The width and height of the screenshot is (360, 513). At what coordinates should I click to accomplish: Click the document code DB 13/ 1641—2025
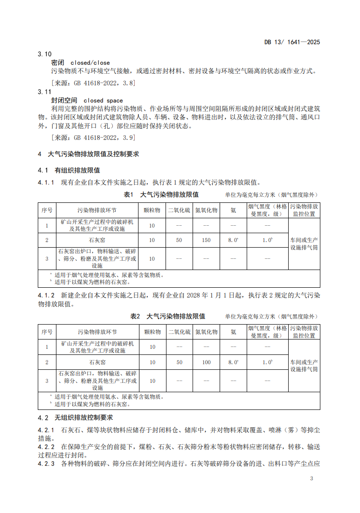(x=292, y=42)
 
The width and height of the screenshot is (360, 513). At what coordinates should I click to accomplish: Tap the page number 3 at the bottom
(x=312, y=479)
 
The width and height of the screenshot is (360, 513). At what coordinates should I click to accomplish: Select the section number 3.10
(x=44, y=54)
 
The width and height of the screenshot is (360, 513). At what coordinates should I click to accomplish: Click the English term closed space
(x=103, y=100)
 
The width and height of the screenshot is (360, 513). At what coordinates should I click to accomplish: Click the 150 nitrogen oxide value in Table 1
(x=206, y=240)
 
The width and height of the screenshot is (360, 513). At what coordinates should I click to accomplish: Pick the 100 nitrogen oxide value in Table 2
(x=206, y=362)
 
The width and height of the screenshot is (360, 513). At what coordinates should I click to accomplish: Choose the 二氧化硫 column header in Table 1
(x=179, y=210)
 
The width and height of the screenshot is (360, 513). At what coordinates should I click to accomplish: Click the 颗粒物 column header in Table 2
(x=152, y=332)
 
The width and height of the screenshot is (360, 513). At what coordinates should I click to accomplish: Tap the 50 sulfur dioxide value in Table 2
(x=179, y=362)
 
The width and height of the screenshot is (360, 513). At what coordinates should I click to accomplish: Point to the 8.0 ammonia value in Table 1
(x=233, y=240)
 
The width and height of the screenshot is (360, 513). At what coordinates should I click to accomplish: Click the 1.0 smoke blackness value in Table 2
(x=267, y=362)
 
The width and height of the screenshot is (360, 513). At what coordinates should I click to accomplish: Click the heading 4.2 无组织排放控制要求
(x=75, y=417)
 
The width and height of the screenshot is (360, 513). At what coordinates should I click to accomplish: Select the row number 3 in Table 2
(x=47, y=381)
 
